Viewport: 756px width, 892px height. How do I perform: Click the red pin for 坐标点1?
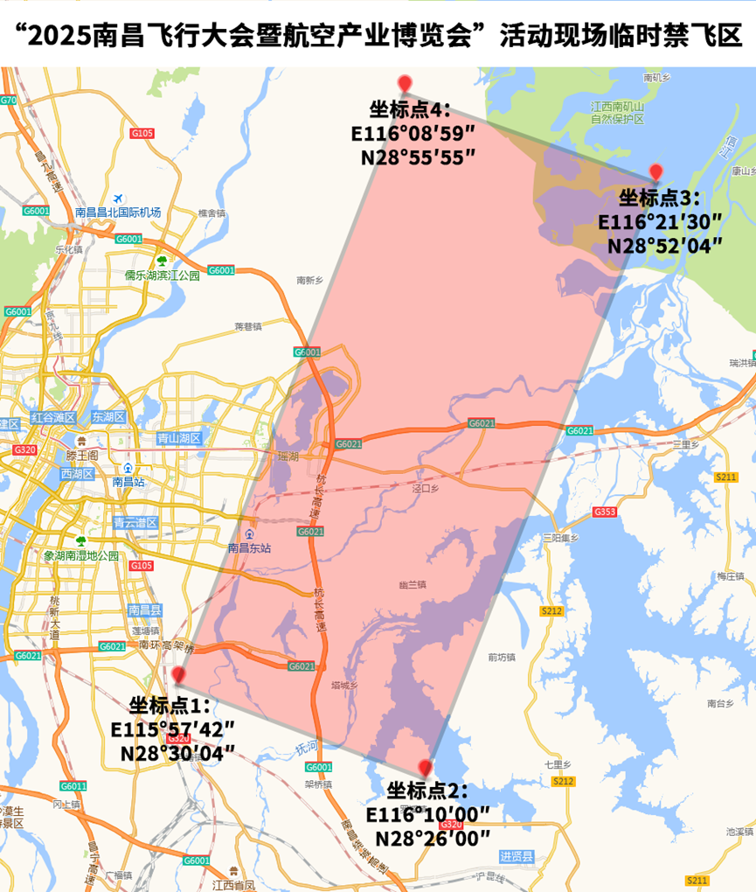179,675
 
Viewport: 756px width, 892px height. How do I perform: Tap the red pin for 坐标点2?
426,768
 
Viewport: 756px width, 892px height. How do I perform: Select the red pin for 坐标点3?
655,172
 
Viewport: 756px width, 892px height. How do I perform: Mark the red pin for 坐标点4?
405,84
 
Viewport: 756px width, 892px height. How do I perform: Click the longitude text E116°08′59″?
413,134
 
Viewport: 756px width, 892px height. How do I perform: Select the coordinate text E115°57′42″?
173,728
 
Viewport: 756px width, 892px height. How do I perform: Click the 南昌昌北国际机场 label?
118,213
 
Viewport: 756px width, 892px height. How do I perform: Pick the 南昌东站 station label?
250,548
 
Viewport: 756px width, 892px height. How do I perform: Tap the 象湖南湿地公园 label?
81,555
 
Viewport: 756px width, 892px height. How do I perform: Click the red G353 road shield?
604,512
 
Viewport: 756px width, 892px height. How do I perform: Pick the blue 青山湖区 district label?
179,438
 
